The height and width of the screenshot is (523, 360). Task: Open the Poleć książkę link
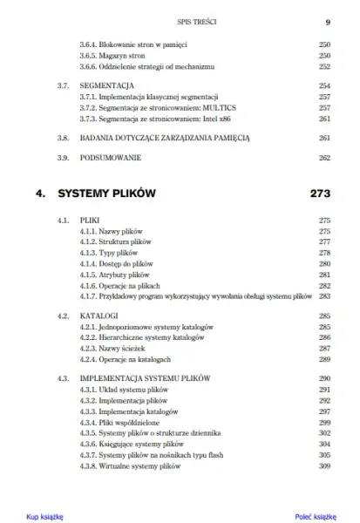[x=315, y=516]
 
